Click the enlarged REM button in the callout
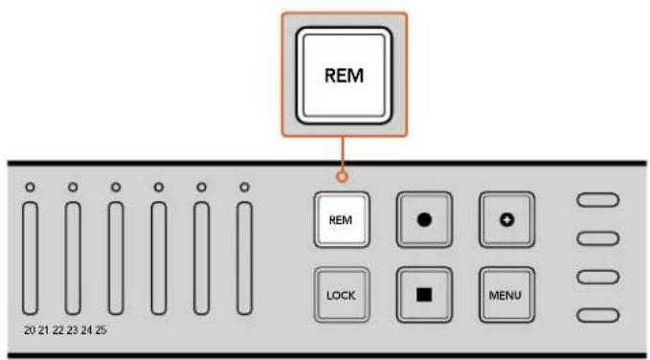point(344,76)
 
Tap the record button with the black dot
point(424,220)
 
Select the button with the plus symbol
point(507,220)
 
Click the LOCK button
point(341,295)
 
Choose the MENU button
point(507,295)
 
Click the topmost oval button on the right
point(597,200)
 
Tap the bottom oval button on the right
point(597,315)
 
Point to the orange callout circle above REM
point(342,177)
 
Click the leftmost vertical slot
point(30,258)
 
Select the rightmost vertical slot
point(244,258)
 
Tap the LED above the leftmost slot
point(30,188)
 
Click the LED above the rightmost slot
point(244,188)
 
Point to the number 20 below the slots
point(30,330)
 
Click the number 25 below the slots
point(101,330)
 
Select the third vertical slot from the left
point(116,258)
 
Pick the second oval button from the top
point(597,238)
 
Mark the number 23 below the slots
point(73,330)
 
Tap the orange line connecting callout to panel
point(342,154)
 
